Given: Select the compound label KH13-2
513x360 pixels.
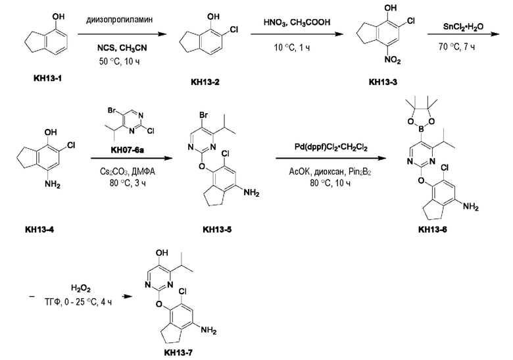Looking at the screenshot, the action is [205, 82].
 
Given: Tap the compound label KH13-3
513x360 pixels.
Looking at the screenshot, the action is [383, 82].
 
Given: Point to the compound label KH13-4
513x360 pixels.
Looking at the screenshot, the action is [39, 230].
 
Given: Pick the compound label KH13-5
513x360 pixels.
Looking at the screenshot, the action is [217, 230].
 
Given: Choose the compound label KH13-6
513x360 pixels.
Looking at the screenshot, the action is [432, 230].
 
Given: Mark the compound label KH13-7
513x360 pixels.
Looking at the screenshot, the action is [178, 353].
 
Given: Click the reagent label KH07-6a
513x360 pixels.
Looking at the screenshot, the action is [128, 150].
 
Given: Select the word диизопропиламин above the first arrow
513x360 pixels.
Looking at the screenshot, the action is [120, 20].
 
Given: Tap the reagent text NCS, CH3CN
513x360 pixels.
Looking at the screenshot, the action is [122, 48].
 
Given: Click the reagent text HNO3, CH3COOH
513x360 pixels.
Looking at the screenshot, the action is [297, 22].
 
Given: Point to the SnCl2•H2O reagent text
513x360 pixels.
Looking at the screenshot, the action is [463, 26].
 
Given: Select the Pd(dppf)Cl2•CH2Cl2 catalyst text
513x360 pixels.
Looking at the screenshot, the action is [331, 147].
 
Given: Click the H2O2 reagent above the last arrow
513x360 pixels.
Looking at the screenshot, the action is [80, 288].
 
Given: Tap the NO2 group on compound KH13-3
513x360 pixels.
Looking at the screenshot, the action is [392, 60].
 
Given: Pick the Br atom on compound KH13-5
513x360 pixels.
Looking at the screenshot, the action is [203, 115].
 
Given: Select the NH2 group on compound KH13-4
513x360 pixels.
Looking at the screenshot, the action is [53, 184].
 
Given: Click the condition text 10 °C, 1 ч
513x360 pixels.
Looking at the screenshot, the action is [292, 47].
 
